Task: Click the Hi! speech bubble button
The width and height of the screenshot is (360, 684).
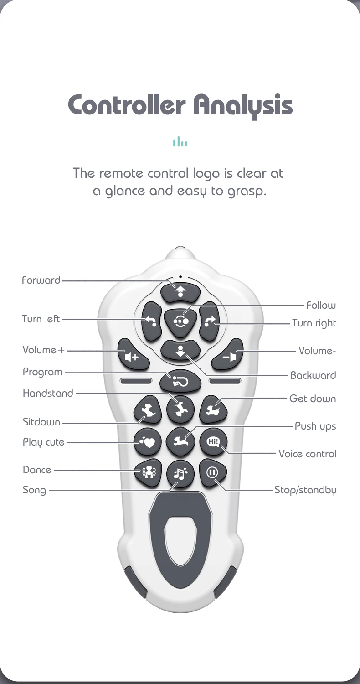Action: (213, 441)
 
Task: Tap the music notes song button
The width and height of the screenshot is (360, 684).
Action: (180, 474)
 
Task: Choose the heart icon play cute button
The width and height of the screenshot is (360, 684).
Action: (148, 442)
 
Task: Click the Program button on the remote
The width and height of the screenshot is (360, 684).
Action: (180, 381)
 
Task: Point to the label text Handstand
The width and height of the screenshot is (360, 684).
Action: (48, 393)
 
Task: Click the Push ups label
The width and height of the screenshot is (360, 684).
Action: (315, 426)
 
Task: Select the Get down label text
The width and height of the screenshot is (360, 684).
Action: (313, 399)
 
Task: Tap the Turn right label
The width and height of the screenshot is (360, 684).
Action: (314, 323)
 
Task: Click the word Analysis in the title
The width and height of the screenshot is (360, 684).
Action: (242, 105)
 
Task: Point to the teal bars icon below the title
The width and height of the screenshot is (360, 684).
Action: (180, 142)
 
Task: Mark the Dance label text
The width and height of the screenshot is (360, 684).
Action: (37, 470)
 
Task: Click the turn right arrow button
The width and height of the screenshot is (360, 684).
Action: (210, 321)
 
